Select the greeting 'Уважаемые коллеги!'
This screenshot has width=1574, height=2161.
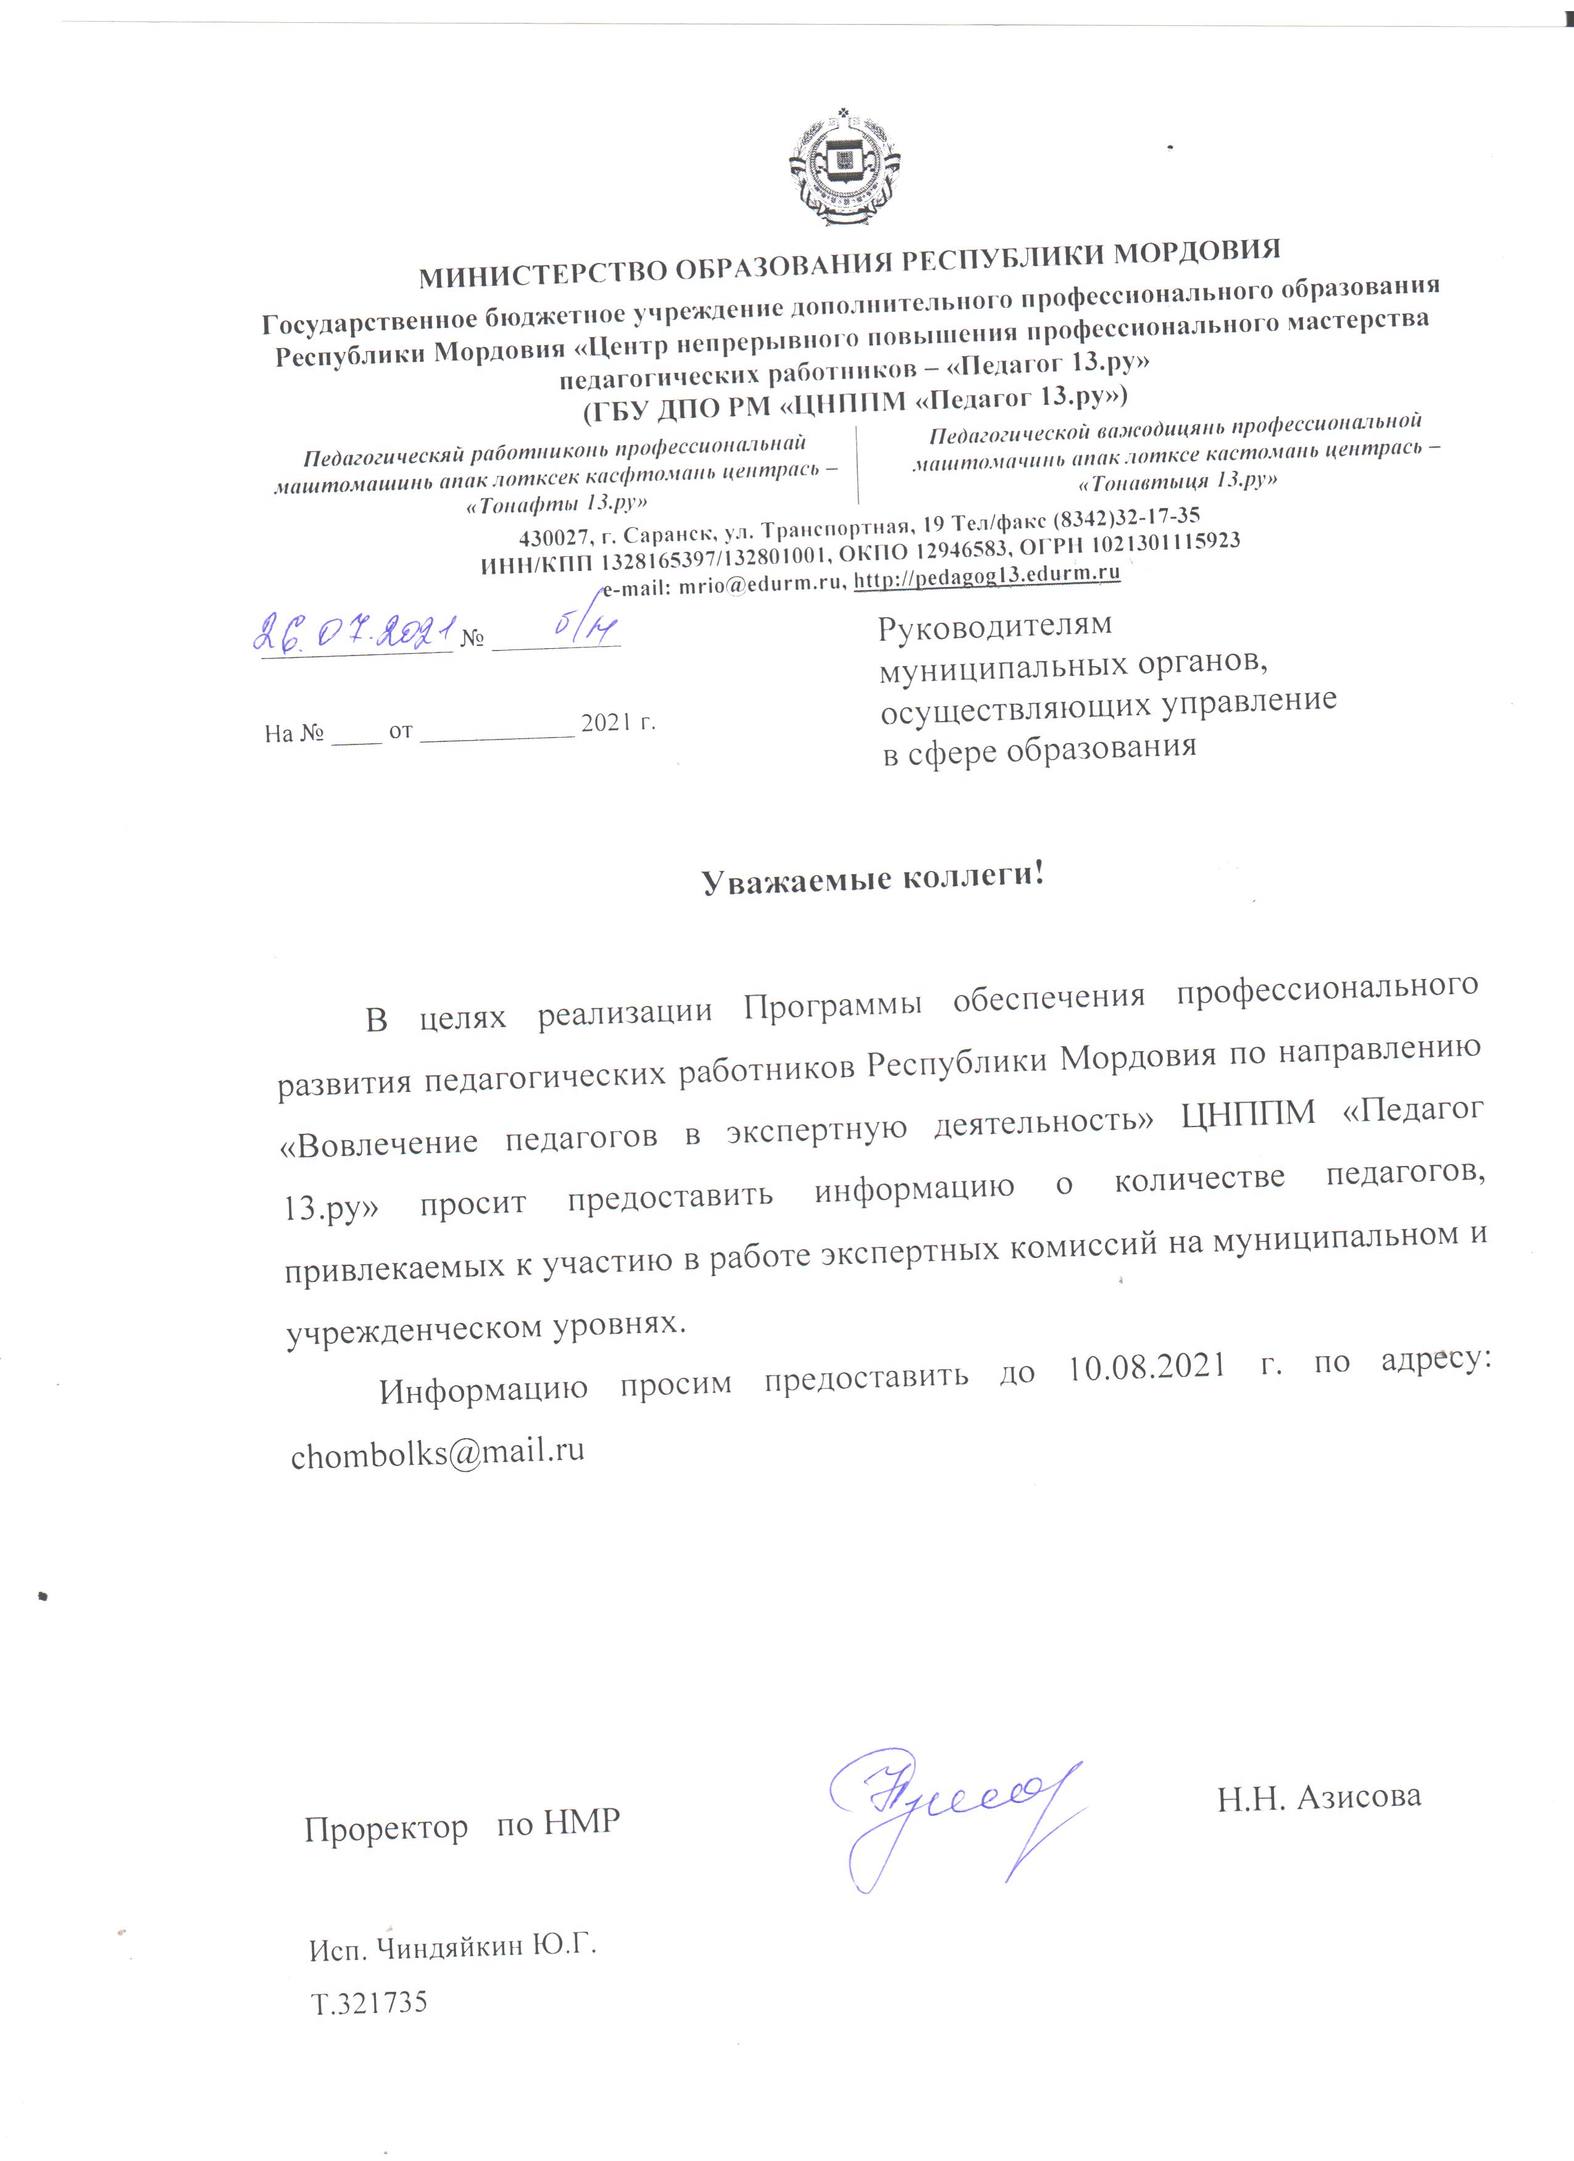[x=873, y=876]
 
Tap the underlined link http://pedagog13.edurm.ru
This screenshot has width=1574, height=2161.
[x=986, y=575]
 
